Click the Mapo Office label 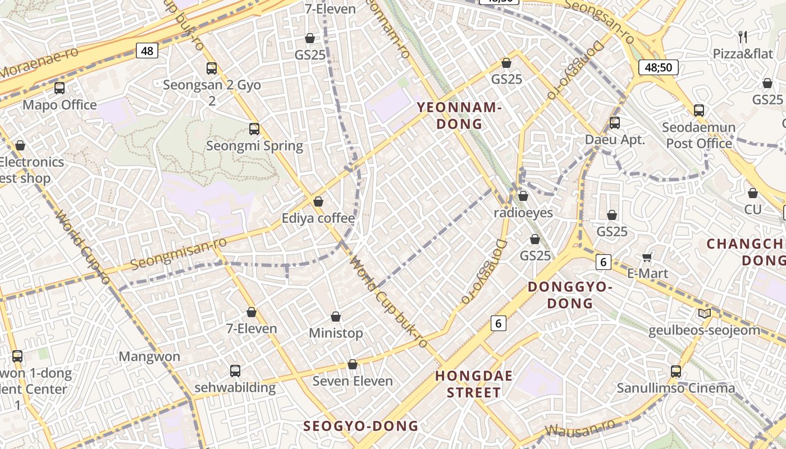click(60, 105)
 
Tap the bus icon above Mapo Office click(60, 88)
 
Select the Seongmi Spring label click(254, 146)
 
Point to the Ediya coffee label click(318, 218)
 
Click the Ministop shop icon click(336, 317)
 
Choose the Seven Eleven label click(353, 381)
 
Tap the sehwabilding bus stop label click(235, 387)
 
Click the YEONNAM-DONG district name click(459, 116)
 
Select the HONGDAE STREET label click(474, 384)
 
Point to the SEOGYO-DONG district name click(361, 426)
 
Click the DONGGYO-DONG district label click(570, 295)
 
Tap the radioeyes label click(523, 213)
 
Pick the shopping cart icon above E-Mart click(647, 257)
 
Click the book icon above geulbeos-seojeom click(704, 313)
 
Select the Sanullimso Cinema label click(676, 388)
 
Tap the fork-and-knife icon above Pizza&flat click(743, 37)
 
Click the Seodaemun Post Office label click(699, 135)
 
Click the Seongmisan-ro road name click(179, 253)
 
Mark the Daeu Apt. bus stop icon click(615, 123)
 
